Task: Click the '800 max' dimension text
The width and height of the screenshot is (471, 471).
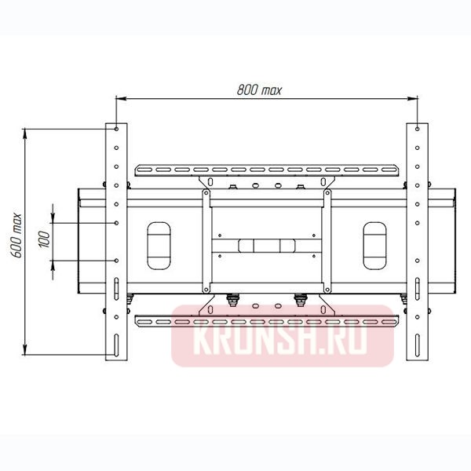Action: [260, 89]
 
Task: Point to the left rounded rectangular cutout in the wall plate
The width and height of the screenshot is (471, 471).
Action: [158, 243]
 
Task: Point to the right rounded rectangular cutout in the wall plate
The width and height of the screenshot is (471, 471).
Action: [374, 243]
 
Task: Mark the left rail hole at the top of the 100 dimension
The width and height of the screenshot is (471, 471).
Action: [116, 223]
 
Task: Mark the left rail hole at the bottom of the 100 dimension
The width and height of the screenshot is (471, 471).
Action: [116, 260]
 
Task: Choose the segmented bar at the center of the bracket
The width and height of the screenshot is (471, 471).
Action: [266, 244]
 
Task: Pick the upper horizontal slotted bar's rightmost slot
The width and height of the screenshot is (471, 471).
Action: [389, 170]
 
